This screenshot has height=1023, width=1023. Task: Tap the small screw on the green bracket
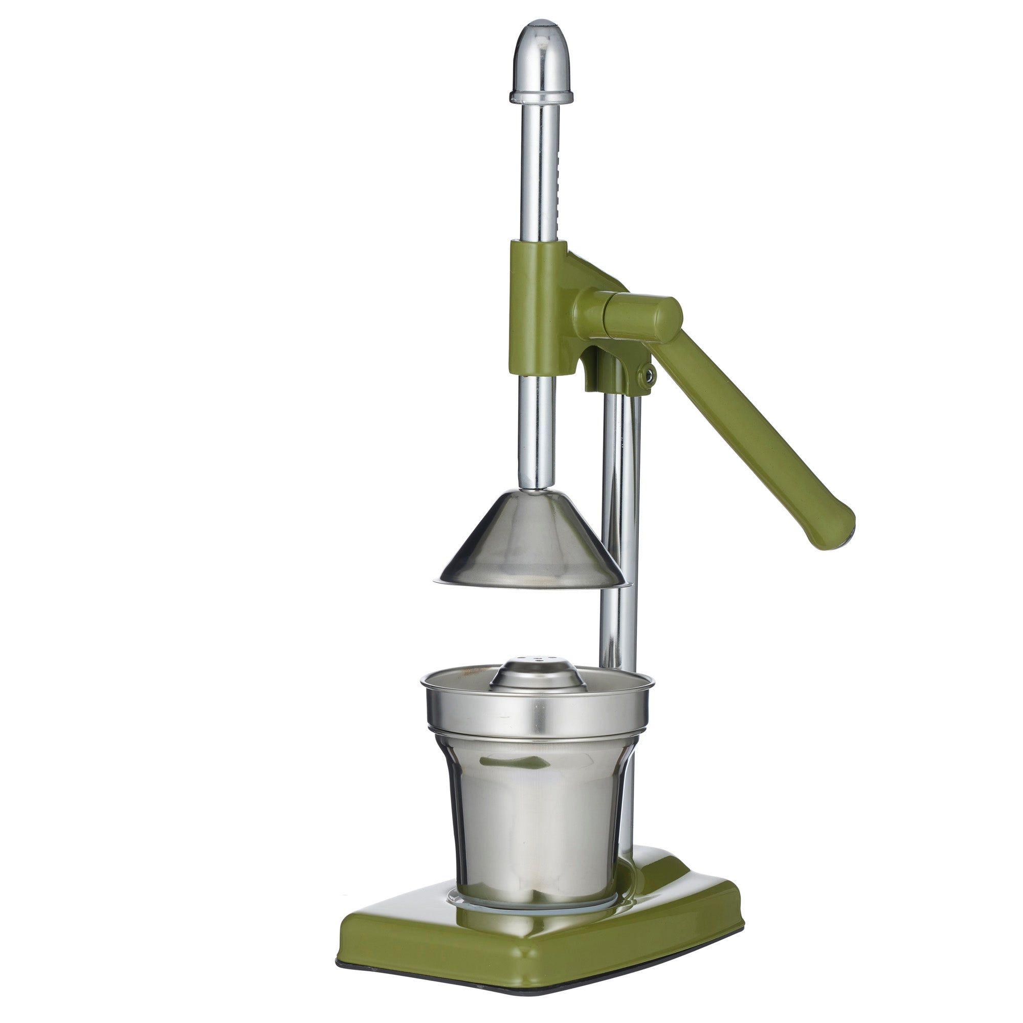point(648,374)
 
